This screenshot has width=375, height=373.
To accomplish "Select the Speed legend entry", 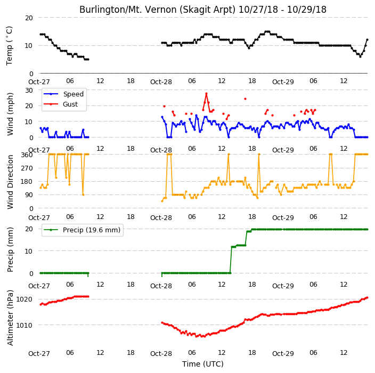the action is point(63,94).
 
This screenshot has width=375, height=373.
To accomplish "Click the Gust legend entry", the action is point(61,104).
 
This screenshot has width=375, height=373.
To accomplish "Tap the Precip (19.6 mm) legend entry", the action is point(82,230).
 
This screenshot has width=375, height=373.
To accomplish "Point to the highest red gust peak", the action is point(206,94).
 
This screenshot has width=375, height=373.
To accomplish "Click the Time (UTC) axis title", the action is point(203,364).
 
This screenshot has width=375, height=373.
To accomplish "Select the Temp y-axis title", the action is point(9,46).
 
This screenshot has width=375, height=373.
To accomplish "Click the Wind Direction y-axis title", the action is point(10,182).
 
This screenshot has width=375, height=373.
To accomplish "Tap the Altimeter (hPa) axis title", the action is point(10,318).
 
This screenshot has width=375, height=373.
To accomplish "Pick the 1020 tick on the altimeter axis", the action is point(24,299).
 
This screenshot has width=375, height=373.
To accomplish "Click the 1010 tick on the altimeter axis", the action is point(24,325).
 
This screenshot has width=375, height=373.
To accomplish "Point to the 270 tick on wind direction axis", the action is point(27,168).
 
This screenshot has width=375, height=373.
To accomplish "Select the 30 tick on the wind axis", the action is point(29,91).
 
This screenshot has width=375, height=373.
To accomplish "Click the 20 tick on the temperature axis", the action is point(29,18).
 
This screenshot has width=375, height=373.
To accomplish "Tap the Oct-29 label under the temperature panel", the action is point(283,82).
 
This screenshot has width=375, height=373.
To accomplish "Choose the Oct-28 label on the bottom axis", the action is point(161,353).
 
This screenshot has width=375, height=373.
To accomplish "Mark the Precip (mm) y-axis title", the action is point(10,249).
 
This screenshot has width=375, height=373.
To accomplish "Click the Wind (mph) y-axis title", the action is point(10,114).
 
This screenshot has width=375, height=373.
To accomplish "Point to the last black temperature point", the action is point(368,40).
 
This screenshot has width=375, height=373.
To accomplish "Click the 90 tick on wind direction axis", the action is point(29,195).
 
